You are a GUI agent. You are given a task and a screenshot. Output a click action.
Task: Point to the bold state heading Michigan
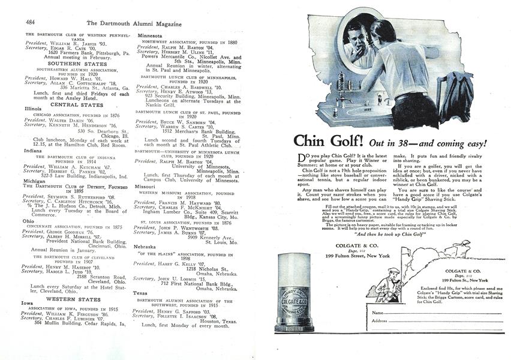(34, 180)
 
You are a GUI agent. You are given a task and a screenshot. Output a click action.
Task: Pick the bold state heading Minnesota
(150, 35)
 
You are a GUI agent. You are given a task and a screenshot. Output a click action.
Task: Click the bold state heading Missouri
(149, 186)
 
